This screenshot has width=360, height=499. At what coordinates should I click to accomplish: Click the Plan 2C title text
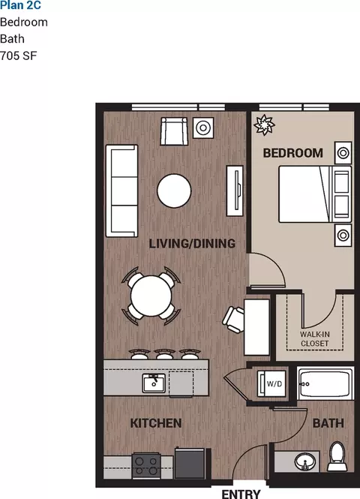[x=21, y=5]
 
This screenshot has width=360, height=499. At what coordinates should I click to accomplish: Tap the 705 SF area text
[x=19, y=56]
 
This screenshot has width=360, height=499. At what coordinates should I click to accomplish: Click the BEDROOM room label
[x=293, y=153]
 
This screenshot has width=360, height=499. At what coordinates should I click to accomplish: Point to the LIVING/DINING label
[x=192, y=244]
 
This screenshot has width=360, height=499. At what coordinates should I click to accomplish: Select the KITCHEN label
[x=156, y=423]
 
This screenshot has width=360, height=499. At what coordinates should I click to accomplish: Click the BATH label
[x=328, y=423]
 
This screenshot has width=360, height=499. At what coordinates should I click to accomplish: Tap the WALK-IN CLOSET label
[x=315, y=339]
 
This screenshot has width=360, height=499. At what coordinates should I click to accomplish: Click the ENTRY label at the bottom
[x=241, y=494]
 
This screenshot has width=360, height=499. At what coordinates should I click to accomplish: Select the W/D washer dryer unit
[x=272, y=383]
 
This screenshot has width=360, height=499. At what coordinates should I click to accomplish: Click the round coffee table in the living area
[x=174, y=191]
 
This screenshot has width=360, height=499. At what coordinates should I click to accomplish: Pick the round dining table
[x=151, y=296]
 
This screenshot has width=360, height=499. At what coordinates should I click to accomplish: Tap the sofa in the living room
[x=121, y=191]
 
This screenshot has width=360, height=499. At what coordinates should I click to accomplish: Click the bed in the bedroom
[x=315, y=194]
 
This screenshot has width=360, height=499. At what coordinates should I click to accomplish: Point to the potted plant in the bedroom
[x=264, y=125]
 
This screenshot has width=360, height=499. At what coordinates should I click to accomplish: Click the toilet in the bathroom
[x=337, y=456]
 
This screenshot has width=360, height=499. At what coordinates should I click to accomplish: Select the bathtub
[x=325, y=383]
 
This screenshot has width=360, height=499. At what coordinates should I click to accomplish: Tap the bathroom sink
[x=305, y=461]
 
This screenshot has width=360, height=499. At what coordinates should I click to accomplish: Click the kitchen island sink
[x=154, y=383]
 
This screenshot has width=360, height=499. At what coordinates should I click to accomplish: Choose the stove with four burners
[x=146, y=465]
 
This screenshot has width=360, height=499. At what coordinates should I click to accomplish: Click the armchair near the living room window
[x=174, y=131]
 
